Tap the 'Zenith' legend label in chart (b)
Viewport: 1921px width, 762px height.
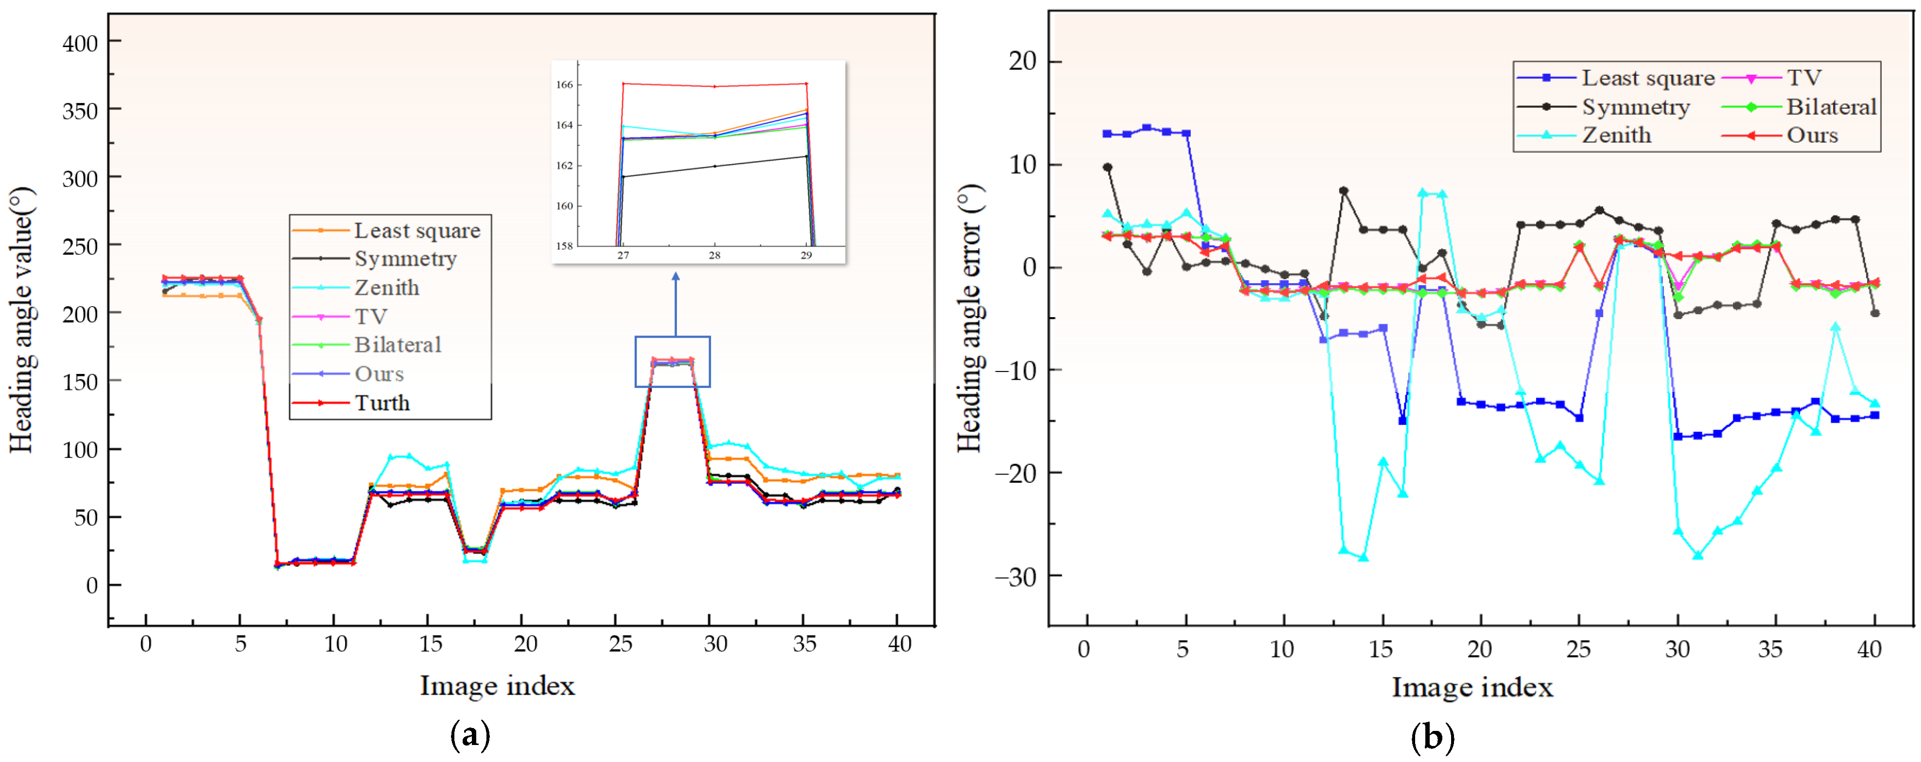[1616, 135]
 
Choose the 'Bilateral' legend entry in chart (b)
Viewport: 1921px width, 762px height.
[1831, 107]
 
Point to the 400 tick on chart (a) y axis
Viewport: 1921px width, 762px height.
[80, 43]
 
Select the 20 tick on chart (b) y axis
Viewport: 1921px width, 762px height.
[1022, 61]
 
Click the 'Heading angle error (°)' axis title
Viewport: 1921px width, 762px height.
[969, 319]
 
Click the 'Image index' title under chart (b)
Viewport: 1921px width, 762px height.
[1471, 687]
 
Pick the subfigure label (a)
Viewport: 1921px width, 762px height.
[470, 736]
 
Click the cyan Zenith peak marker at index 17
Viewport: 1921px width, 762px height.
[1422, 193]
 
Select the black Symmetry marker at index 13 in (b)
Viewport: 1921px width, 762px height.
[1343, 191]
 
